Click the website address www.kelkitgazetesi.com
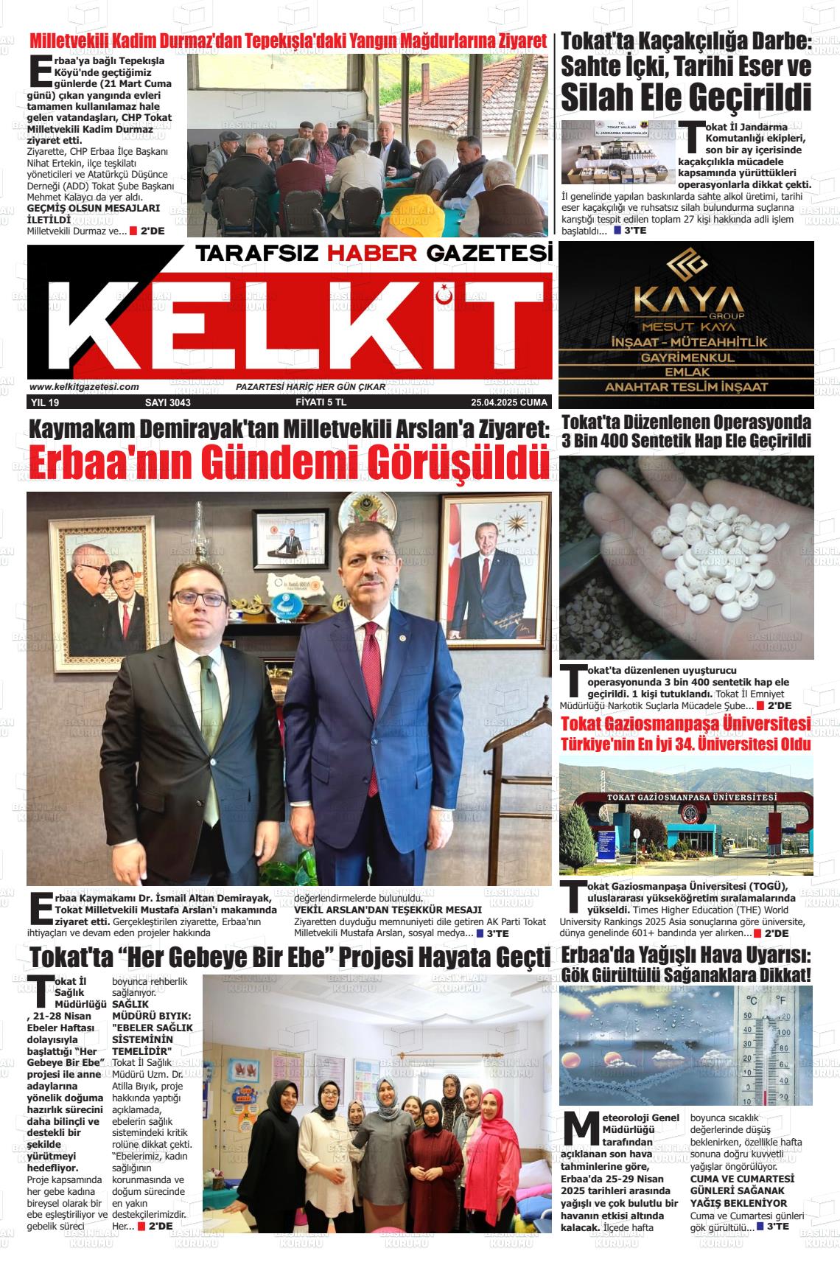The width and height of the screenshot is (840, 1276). tap(85, 387)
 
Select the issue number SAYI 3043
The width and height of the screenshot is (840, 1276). tap(167, 403)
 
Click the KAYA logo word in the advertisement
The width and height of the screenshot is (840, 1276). tap(686, 301)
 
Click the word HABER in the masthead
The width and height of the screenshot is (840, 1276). tap(372, 254)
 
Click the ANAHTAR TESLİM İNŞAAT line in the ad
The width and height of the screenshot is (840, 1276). tap(686, 387)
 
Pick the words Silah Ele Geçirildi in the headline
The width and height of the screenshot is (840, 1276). tap(686, 97)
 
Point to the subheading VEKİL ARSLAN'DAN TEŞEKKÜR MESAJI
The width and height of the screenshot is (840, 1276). tap(388, 910)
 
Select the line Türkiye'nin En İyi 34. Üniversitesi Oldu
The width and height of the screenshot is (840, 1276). tap(686, 745)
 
